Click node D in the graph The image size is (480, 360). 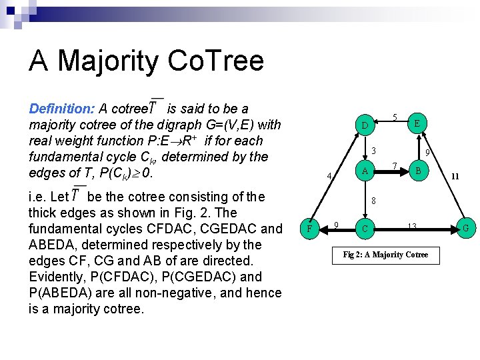365,126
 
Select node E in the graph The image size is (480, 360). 417,123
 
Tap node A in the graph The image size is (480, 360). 365,171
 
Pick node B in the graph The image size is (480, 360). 418,171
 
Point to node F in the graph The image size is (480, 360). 309,229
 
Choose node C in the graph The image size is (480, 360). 365,229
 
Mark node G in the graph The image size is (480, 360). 465,229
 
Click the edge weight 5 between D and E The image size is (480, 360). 395,118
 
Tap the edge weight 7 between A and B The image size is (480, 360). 395,165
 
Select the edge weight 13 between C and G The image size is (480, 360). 412,227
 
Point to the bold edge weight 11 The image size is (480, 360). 455,177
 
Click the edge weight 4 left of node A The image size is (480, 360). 329,177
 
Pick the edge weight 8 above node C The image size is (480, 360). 374,201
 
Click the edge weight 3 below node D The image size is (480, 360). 374,150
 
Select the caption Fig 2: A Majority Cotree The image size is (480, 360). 385,255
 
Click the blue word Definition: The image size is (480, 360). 62,109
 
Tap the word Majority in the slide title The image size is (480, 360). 108,61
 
